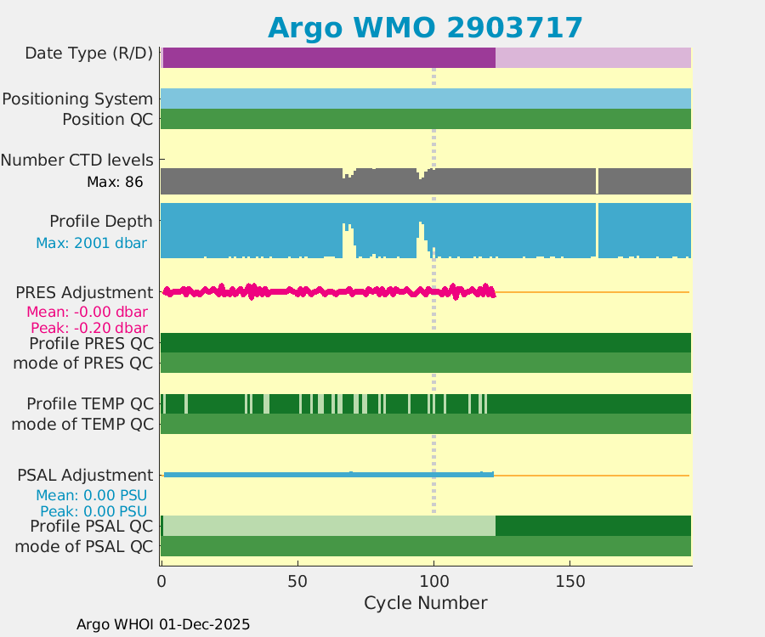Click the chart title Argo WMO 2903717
pos(425,27)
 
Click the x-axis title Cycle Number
pos(425,603)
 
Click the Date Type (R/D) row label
pos(88,54)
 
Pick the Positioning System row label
pos(77,99)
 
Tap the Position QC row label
pos(107,120)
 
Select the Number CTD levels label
pos(76,160)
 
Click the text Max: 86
pos(115,182)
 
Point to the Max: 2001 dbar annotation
pos(91,243)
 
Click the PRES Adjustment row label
pos(84,292)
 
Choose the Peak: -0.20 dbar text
pos(89,328)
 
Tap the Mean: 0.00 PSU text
pos(91,495)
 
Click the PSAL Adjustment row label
pos(85,475)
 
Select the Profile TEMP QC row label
pos(90,403)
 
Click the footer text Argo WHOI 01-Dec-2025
pos(163,624)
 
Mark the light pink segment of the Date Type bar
pos(592,58)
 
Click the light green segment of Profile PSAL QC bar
pos(328,526)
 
